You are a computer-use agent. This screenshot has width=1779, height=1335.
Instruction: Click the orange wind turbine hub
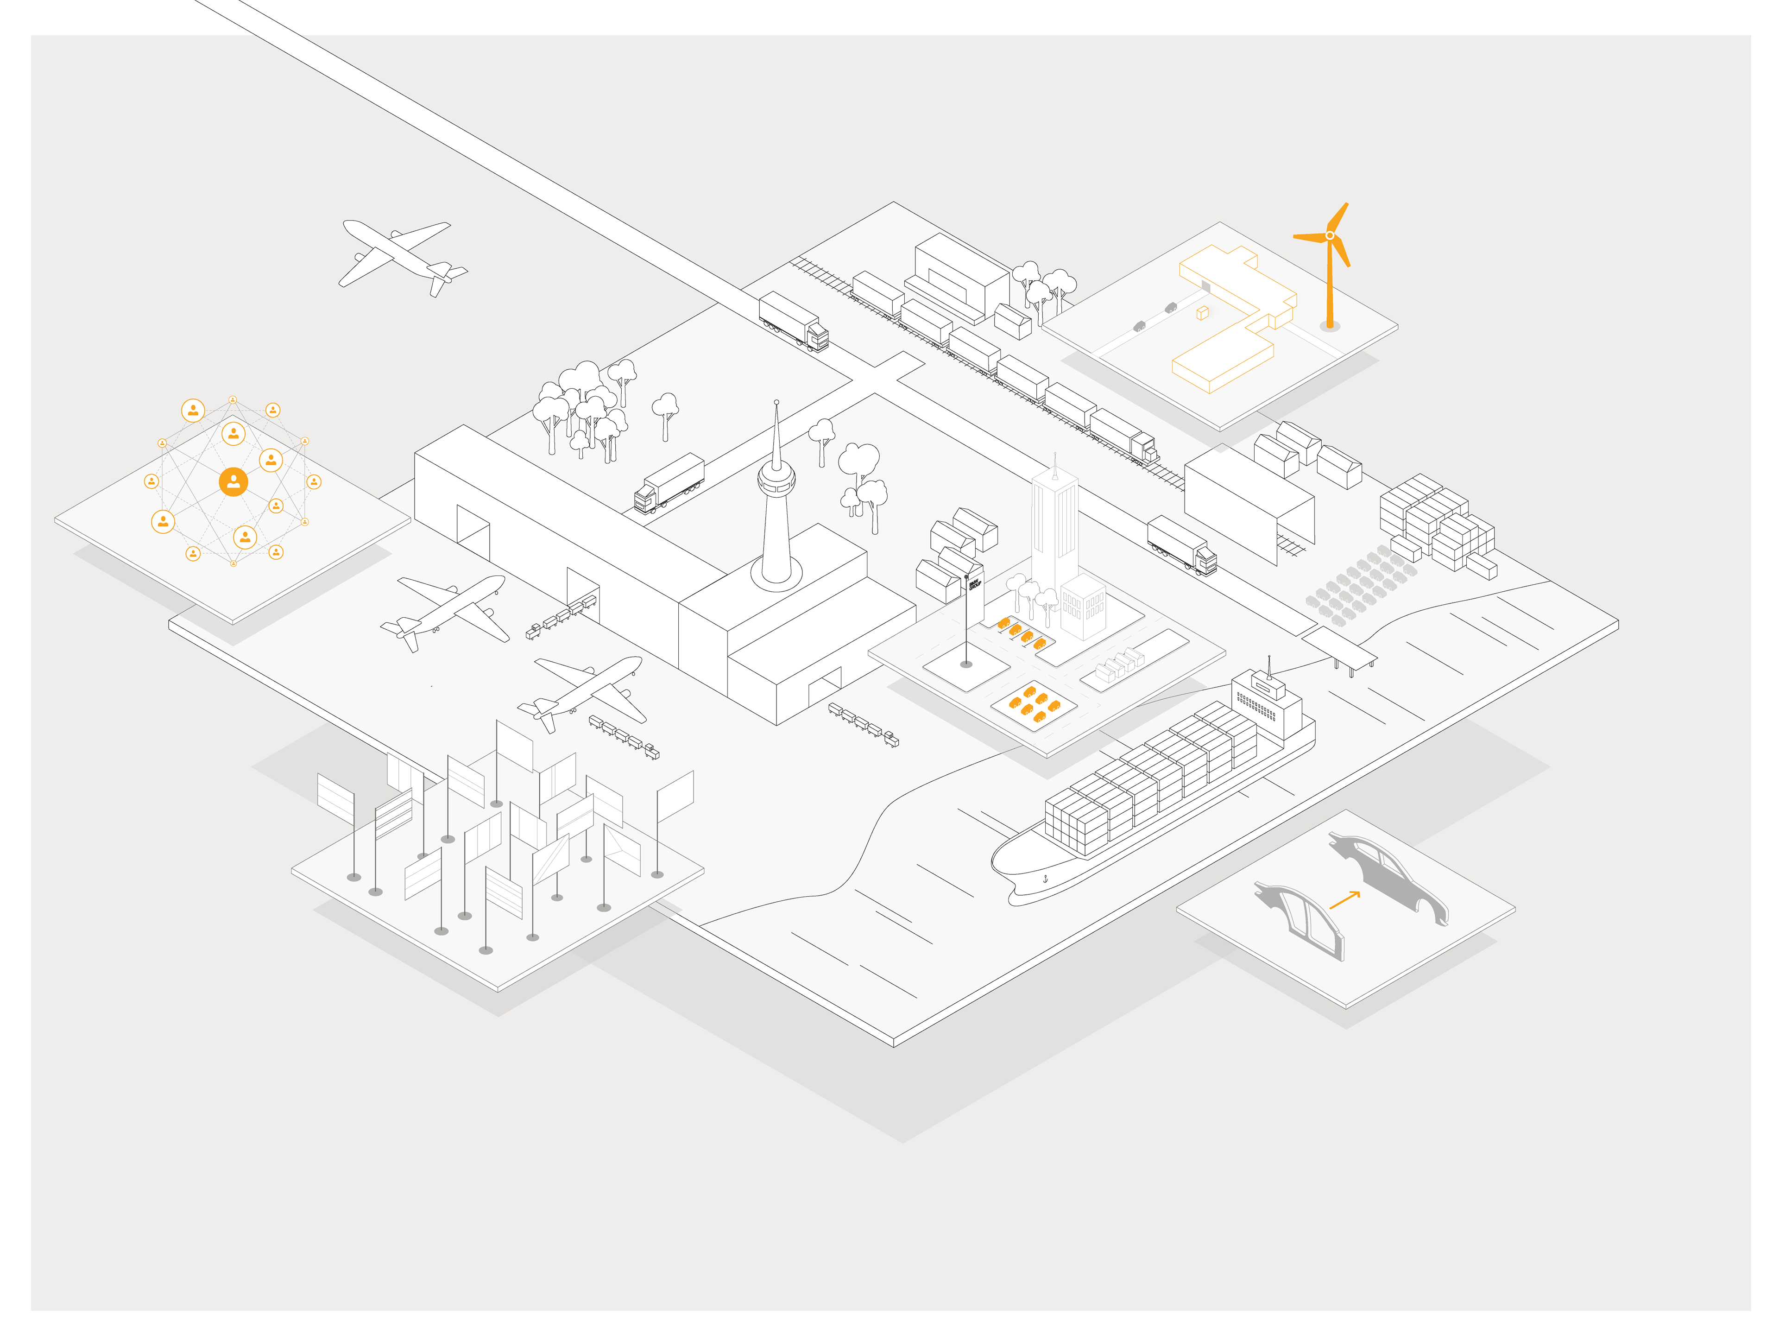tap(1330, 235)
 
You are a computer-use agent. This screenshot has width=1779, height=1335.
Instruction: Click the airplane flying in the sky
tap(402, 256)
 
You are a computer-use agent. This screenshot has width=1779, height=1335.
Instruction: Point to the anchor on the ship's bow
tap(1046, 878)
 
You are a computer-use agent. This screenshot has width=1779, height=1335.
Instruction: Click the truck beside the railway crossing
tap(794, 321)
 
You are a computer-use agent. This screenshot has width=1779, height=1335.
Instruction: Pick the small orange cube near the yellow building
tap(1202, 313)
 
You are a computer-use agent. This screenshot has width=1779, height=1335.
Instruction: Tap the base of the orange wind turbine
tap(1330, 326)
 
